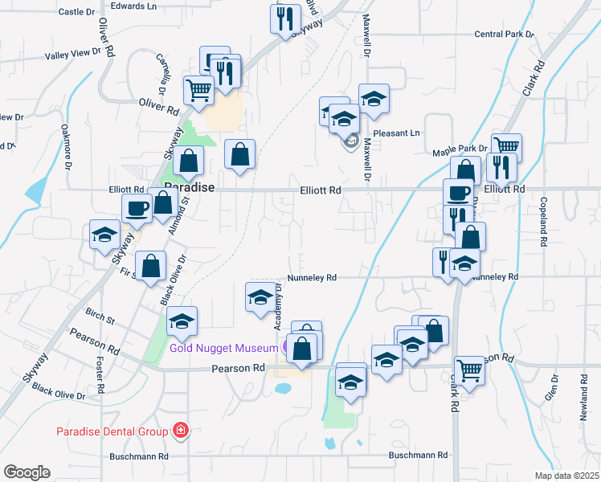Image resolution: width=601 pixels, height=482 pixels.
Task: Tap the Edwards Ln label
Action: pos(133,6)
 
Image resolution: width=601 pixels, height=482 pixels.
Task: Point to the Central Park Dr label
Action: pos(504,35)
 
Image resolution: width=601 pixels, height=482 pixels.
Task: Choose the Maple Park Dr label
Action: pos(460,149)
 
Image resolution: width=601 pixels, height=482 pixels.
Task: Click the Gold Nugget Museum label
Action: pos(223,347)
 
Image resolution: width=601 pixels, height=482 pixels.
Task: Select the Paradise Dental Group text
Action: pos(112,431)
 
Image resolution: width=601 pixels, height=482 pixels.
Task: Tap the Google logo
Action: pos(27,472)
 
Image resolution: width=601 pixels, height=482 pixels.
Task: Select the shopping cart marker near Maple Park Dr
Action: pos(506,148)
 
